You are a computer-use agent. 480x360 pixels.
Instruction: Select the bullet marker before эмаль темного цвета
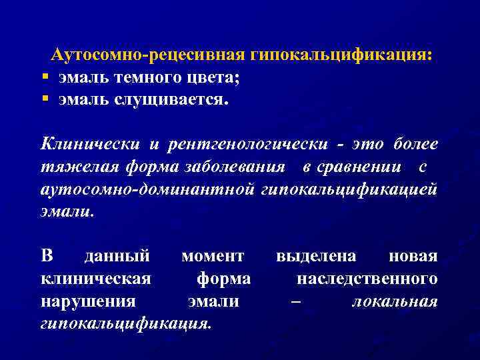45,77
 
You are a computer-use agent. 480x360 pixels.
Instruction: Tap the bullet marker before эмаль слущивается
45,99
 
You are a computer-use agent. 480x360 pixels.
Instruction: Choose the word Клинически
91,143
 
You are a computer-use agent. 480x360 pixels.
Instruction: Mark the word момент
213,256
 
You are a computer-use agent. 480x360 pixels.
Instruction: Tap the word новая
413,256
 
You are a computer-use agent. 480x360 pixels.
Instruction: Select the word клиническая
95,279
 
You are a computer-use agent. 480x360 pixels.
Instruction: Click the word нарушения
88,301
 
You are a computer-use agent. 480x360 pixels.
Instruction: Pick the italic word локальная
395,301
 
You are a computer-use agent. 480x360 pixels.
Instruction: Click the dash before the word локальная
295,301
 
